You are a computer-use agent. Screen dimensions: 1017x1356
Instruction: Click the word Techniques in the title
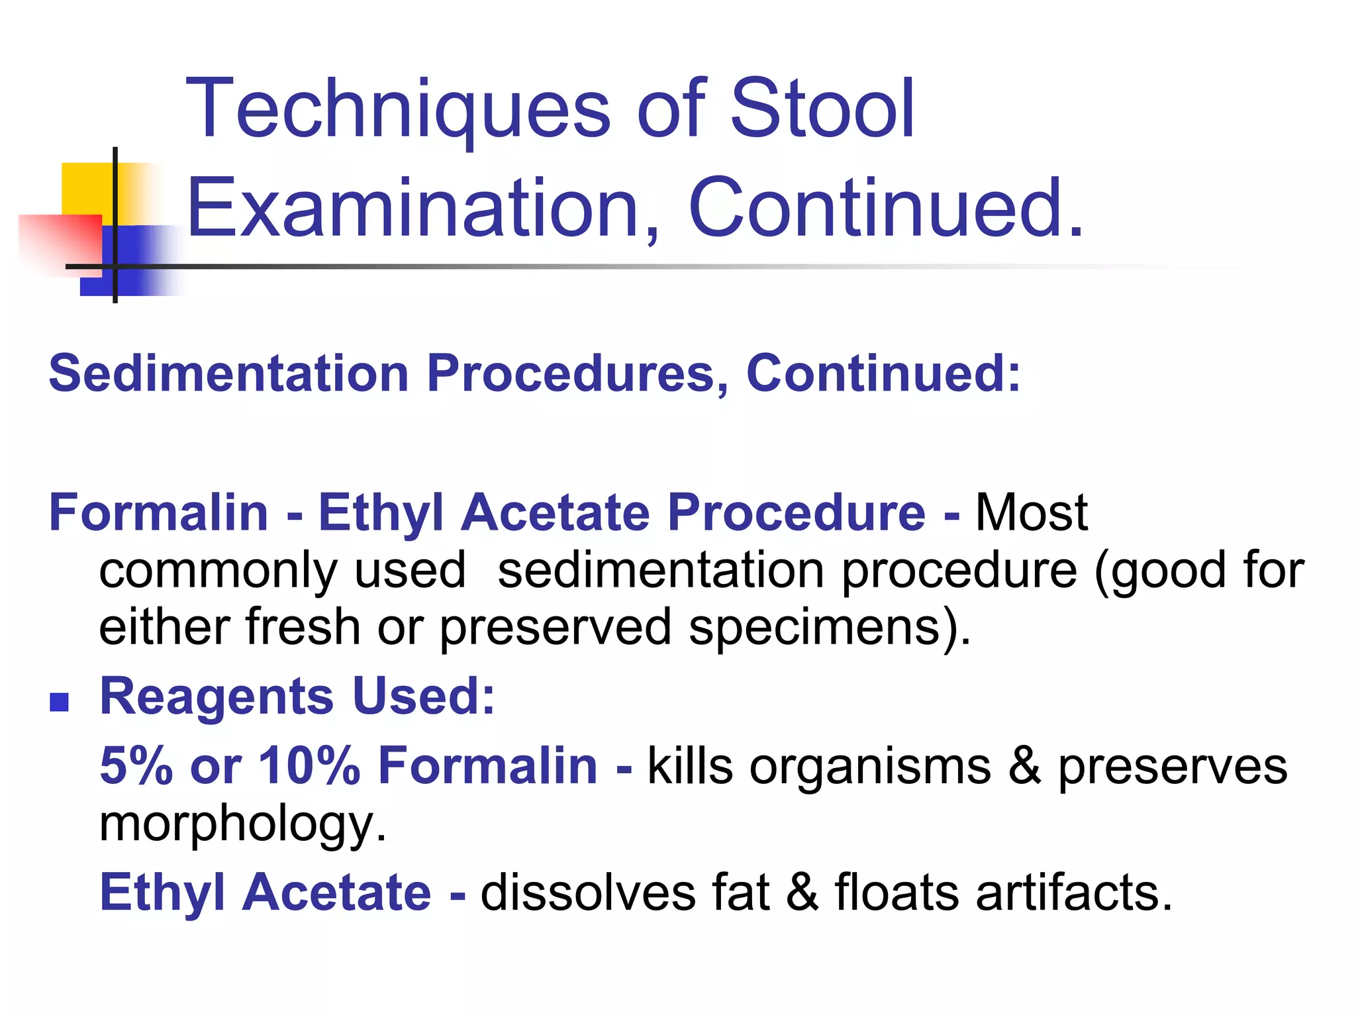coord(397,109)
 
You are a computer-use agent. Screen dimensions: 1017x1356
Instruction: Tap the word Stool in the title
coord(822,109)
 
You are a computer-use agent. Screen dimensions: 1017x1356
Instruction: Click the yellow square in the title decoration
coord(86,188)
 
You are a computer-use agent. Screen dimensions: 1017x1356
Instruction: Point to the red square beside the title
coord(60,242)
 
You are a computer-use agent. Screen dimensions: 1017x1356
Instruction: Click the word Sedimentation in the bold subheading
coord(229,373)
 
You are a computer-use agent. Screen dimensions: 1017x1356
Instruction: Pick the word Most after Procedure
coord(1031,512)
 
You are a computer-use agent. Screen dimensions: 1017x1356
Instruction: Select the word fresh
coord(302,627)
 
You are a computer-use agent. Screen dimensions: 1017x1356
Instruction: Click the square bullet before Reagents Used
coord(60,702)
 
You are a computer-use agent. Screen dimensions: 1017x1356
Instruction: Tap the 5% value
coord(136,765)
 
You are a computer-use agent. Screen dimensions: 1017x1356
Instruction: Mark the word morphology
coord(242,825)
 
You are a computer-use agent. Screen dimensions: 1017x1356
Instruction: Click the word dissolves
coord(588,893)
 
